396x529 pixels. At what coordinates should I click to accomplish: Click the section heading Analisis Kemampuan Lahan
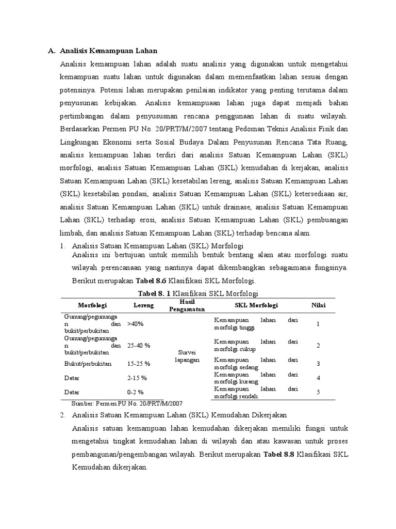point(108,51)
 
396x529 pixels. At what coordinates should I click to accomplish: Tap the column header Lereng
point(144,306)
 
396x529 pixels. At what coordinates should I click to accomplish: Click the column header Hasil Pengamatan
point(186,305)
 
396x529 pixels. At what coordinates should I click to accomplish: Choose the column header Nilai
point(318,306)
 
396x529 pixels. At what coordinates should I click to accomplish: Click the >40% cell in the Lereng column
point(135,324)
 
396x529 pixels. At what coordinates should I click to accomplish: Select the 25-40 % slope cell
point(139,345)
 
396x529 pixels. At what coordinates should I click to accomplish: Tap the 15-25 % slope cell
point(139,364)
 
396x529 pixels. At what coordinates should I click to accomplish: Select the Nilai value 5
point(318,392)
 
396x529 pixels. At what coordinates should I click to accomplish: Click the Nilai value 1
point(318,324)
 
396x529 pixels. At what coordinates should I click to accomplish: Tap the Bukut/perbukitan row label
point(85,364)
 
